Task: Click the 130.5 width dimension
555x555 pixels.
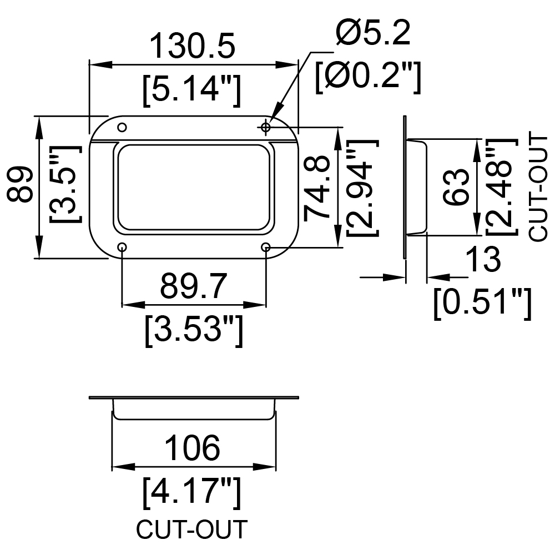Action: coord(193,46)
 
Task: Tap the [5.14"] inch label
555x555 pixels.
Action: coord(192,90)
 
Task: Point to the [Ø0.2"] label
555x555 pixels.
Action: coord(368,77)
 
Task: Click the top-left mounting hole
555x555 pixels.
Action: coord(122,128)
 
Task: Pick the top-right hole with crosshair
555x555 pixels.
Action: coord(266,127)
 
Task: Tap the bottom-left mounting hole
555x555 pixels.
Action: coord(122,247)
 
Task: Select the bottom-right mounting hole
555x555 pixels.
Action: coord(266,247)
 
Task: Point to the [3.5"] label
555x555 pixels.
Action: coord(65,183)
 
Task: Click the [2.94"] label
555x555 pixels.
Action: coord(363,188)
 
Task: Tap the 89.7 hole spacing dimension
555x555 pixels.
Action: coord(193,286)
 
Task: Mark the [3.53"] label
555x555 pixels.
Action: coord(194,331)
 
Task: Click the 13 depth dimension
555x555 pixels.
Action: coord(483,259)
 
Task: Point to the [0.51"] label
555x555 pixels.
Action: coord(483,304)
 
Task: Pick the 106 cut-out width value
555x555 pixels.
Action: coord(193,448)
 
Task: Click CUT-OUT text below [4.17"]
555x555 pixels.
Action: coord(191,529)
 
